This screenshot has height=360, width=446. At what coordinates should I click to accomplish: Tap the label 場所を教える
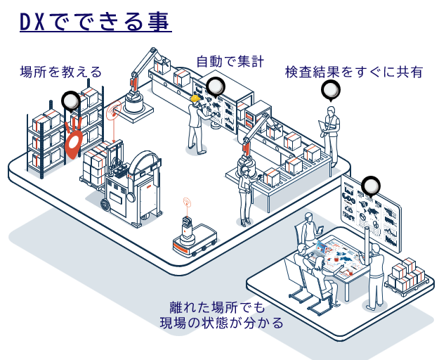click(61, 71)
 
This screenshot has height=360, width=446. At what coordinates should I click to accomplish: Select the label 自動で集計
click(230, 62)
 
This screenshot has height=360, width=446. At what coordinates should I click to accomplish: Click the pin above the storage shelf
click(71, 102)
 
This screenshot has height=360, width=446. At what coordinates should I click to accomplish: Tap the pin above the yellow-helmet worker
click(215, 87)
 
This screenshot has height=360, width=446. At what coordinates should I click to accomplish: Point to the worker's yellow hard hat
click(195, 99)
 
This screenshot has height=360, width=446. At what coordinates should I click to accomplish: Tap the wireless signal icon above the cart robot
click(187, 204)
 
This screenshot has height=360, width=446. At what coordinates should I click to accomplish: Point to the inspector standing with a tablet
click(332, 134)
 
